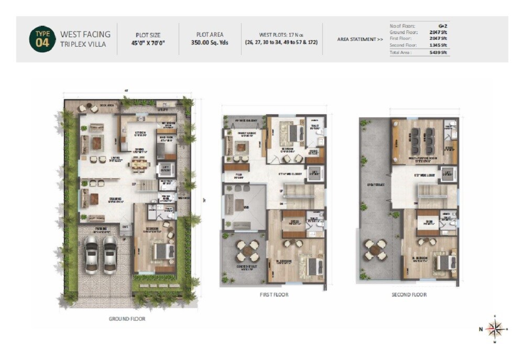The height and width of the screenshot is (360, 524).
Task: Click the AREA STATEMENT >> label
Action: click(x=359, y=39)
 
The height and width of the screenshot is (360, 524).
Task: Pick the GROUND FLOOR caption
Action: click(x=127, y=319)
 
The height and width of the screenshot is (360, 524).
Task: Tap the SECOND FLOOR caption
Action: click(x=409, y=295)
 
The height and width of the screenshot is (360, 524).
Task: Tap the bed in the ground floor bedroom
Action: click(x=162, y=252)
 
